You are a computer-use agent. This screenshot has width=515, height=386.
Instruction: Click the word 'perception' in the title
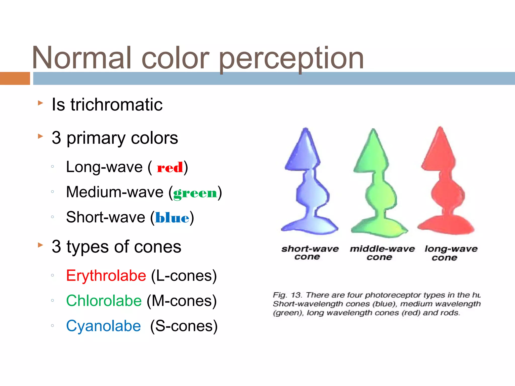291,59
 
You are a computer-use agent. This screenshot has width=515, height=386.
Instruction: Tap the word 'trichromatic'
116,105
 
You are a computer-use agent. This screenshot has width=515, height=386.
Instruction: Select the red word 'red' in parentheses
170,168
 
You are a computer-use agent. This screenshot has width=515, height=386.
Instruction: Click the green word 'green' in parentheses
195,193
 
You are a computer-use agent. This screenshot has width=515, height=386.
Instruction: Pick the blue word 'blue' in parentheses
172,218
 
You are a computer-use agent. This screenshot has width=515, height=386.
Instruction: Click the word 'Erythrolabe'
106,276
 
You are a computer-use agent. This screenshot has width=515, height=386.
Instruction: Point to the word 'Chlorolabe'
104,301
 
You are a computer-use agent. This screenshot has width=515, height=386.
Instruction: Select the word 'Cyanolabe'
103,326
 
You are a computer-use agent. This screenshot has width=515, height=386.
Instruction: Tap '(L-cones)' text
184,276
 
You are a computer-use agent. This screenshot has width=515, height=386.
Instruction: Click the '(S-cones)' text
184,326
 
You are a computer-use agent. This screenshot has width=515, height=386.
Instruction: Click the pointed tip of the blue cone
306,130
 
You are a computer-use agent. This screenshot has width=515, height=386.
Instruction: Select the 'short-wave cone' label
310,253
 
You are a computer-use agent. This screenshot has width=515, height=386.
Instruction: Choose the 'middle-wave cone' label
382,253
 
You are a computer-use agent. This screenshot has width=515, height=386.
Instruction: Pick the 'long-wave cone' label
451,253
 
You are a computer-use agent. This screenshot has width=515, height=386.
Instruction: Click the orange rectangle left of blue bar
15,78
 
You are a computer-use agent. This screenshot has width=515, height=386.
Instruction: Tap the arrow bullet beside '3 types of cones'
40,245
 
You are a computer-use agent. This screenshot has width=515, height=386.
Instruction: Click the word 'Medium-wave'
115,192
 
